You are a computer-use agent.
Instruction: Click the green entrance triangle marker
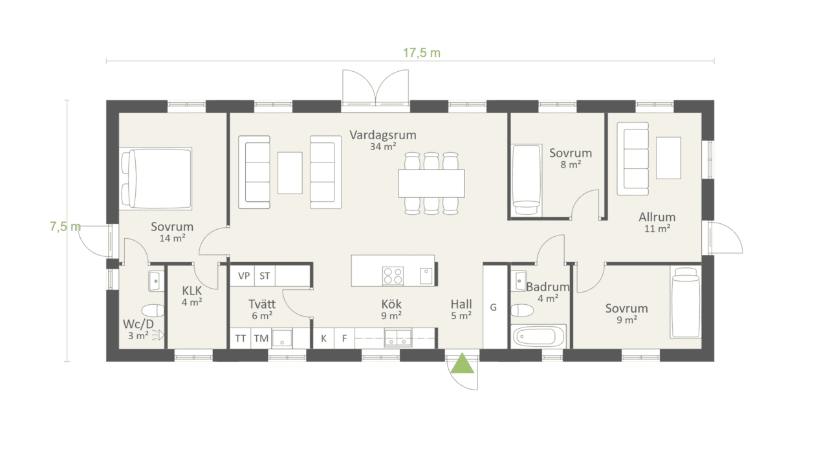click(x=462, y=363)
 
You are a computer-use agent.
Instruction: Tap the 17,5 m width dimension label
click(x=422, y=53)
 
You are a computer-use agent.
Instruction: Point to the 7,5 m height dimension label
click(x=65, y=227)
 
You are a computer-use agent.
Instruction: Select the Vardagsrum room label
click(x=383, y=135)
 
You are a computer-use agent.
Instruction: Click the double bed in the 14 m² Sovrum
click(x=156, y=179)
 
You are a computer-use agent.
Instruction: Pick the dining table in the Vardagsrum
click(x=431, y=183)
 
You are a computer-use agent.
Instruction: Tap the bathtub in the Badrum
click(x=539, y=336)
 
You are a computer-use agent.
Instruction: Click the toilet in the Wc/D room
click(x=153, y=311)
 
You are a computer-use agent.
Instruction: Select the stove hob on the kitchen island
click(x=393, y=276)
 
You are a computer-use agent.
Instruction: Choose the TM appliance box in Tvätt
click(x=261, y=338)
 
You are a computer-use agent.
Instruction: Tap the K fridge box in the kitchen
click(x=324, y=338)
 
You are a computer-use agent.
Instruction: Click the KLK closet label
click(x=192, y=291)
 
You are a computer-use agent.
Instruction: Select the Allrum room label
click(x=657, y=217)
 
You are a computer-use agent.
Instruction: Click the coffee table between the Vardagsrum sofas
click(x=290, y=173)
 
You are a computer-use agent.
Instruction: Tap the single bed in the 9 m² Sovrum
click(x=686, y=302)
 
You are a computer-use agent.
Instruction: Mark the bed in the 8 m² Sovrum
click(x=527, y=180)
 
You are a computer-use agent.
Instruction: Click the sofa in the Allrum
click(x=633, y=159)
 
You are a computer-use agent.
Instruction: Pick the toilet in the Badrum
click(x=522, y=310)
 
